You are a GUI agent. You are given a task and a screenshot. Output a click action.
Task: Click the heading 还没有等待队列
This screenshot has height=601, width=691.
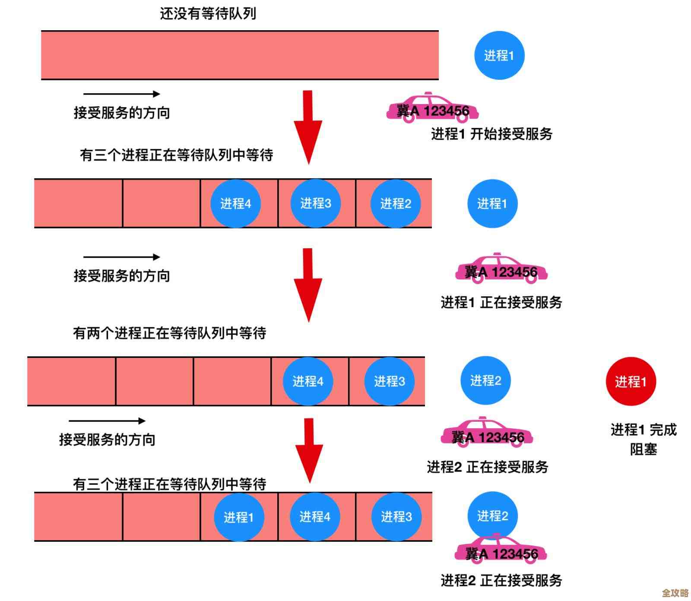208,14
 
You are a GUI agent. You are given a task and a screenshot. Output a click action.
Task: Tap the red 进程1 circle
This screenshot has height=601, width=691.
631,381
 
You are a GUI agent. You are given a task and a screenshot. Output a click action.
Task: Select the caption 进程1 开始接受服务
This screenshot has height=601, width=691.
491,134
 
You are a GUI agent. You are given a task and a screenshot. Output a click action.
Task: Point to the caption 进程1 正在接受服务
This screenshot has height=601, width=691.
501,302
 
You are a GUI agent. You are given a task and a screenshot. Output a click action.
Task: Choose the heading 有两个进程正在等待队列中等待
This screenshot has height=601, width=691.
169,333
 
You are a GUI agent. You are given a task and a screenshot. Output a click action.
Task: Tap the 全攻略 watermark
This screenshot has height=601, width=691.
675,593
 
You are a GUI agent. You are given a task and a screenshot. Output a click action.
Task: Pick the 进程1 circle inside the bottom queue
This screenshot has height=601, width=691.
239,517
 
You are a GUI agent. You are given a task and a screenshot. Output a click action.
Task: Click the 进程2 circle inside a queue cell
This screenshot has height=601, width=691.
396,203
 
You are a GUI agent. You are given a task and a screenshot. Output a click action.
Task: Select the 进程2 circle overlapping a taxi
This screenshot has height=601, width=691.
492,515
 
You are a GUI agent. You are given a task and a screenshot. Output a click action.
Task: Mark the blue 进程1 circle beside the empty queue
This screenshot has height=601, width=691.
499,55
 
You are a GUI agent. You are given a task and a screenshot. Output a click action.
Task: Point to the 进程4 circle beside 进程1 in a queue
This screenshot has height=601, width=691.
315,516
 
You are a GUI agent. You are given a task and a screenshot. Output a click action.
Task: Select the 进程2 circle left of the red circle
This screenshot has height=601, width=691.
485,380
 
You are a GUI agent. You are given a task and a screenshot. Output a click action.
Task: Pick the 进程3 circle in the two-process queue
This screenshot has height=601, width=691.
390,381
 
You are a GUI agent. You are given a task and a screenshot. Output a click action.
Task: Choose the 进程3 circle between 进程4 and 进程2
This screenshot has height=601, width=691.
316,203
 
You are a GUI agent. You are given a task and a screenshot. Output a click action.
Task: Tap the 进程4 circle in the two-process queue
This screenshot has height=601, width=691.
308,381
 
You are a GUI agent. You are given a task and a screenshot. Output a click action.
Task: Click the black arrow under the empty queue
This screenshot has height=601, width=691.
121,94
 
